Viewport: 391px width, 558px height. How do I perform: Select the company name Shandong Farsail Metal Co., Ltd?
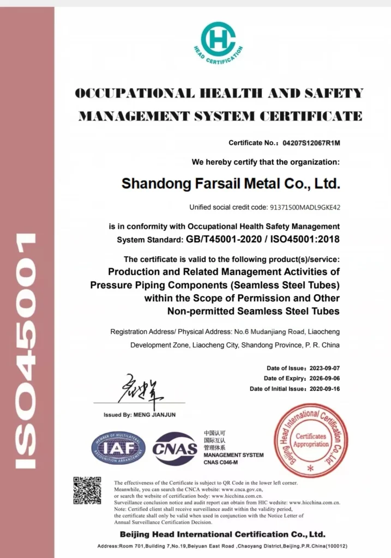click(x=231, y=183)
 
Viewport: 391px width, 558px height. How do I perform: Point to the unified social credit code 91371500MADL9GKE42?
click(x=305, y=207)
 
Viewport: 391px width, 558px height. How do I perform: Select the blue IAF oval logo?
click(x=118, y=448)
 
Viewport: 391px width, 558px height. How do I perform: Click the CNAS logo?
click(x=175, y=448)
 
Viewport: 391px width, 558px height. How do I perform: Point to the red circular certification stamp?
click(x=310, y=440)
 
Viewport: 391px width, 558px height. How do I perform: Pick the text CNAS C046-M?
click(x=222, y=462)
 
